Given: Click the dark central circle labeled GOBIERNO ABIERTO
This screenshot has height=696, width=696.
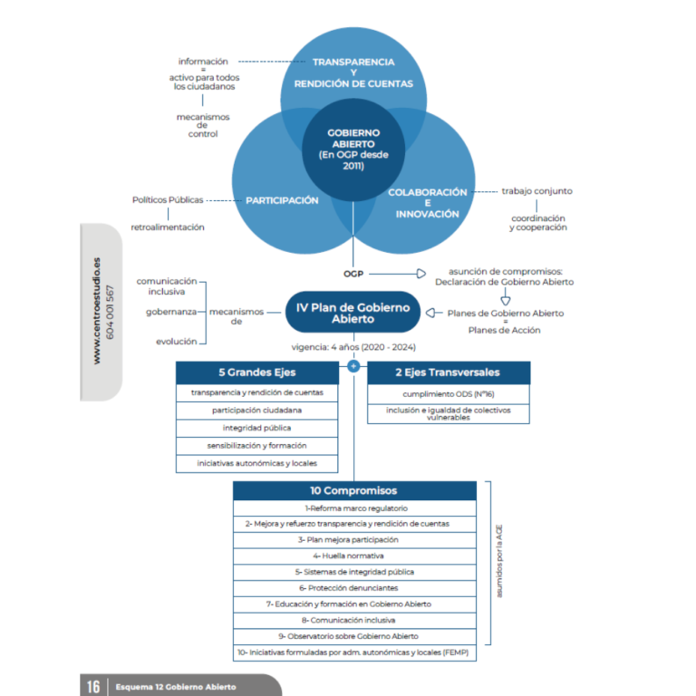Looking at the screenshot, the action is click(353, 150).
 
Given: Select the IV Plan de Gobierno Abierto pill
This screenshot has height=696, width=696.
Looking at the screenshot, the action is click(353, 313).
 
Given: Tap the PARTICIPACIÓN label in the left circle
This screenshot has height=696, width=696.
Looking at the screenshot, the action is click(282, 200).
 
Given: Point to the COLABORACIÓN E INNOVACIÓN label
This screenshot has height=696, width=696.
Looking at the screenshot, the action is click(428, 203).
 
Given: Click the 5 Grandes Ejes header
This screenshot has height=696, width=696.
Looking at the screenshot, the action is click(257, 372).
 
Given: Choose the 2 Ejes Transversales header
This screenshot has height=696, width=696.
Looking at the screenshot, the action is click(449, 372).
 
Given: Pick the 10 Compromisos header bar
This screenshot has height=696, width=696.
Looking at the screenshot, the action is click(354, 490).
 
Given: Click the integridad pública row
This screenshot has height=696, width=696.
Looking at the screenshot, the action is click(257, 428).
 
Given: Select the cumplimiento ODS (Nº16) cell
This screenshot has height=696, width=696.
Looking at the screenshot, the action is click(449, 393).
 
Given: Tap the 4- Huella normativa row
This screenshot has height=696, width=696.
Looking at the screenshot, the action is click(354, 556).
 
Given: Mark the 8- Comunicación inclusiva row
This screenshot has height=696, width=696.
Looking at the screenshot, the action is click(354, 620).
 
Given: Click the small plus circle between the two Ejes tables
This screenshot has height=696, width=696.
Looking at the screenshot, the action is click(353, 366).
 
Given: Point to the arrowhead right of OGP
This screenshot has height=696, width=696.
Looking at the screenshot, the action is click(421, 274).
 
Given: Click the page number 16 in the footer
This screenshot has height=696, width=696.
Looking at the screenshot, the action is click(93, 687).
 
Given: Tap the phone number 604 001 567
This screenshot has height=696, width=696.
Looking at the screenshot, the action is click(110, 313).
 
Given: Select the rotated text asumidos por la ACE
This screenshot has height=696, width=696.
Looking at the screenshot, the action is click(499, 561).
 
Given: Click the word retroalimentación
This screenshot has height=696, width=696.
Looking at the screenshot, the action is click(168, 227).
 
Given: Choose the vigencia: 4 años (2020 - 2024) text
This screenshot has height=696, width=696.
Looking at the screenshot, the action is click(353, 347).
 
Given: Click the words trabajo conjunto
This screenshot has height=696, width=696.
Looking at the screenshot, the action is click(537, 191).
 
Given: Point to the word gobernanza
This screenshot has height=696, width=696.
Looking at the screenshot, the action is click(171, 312).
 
